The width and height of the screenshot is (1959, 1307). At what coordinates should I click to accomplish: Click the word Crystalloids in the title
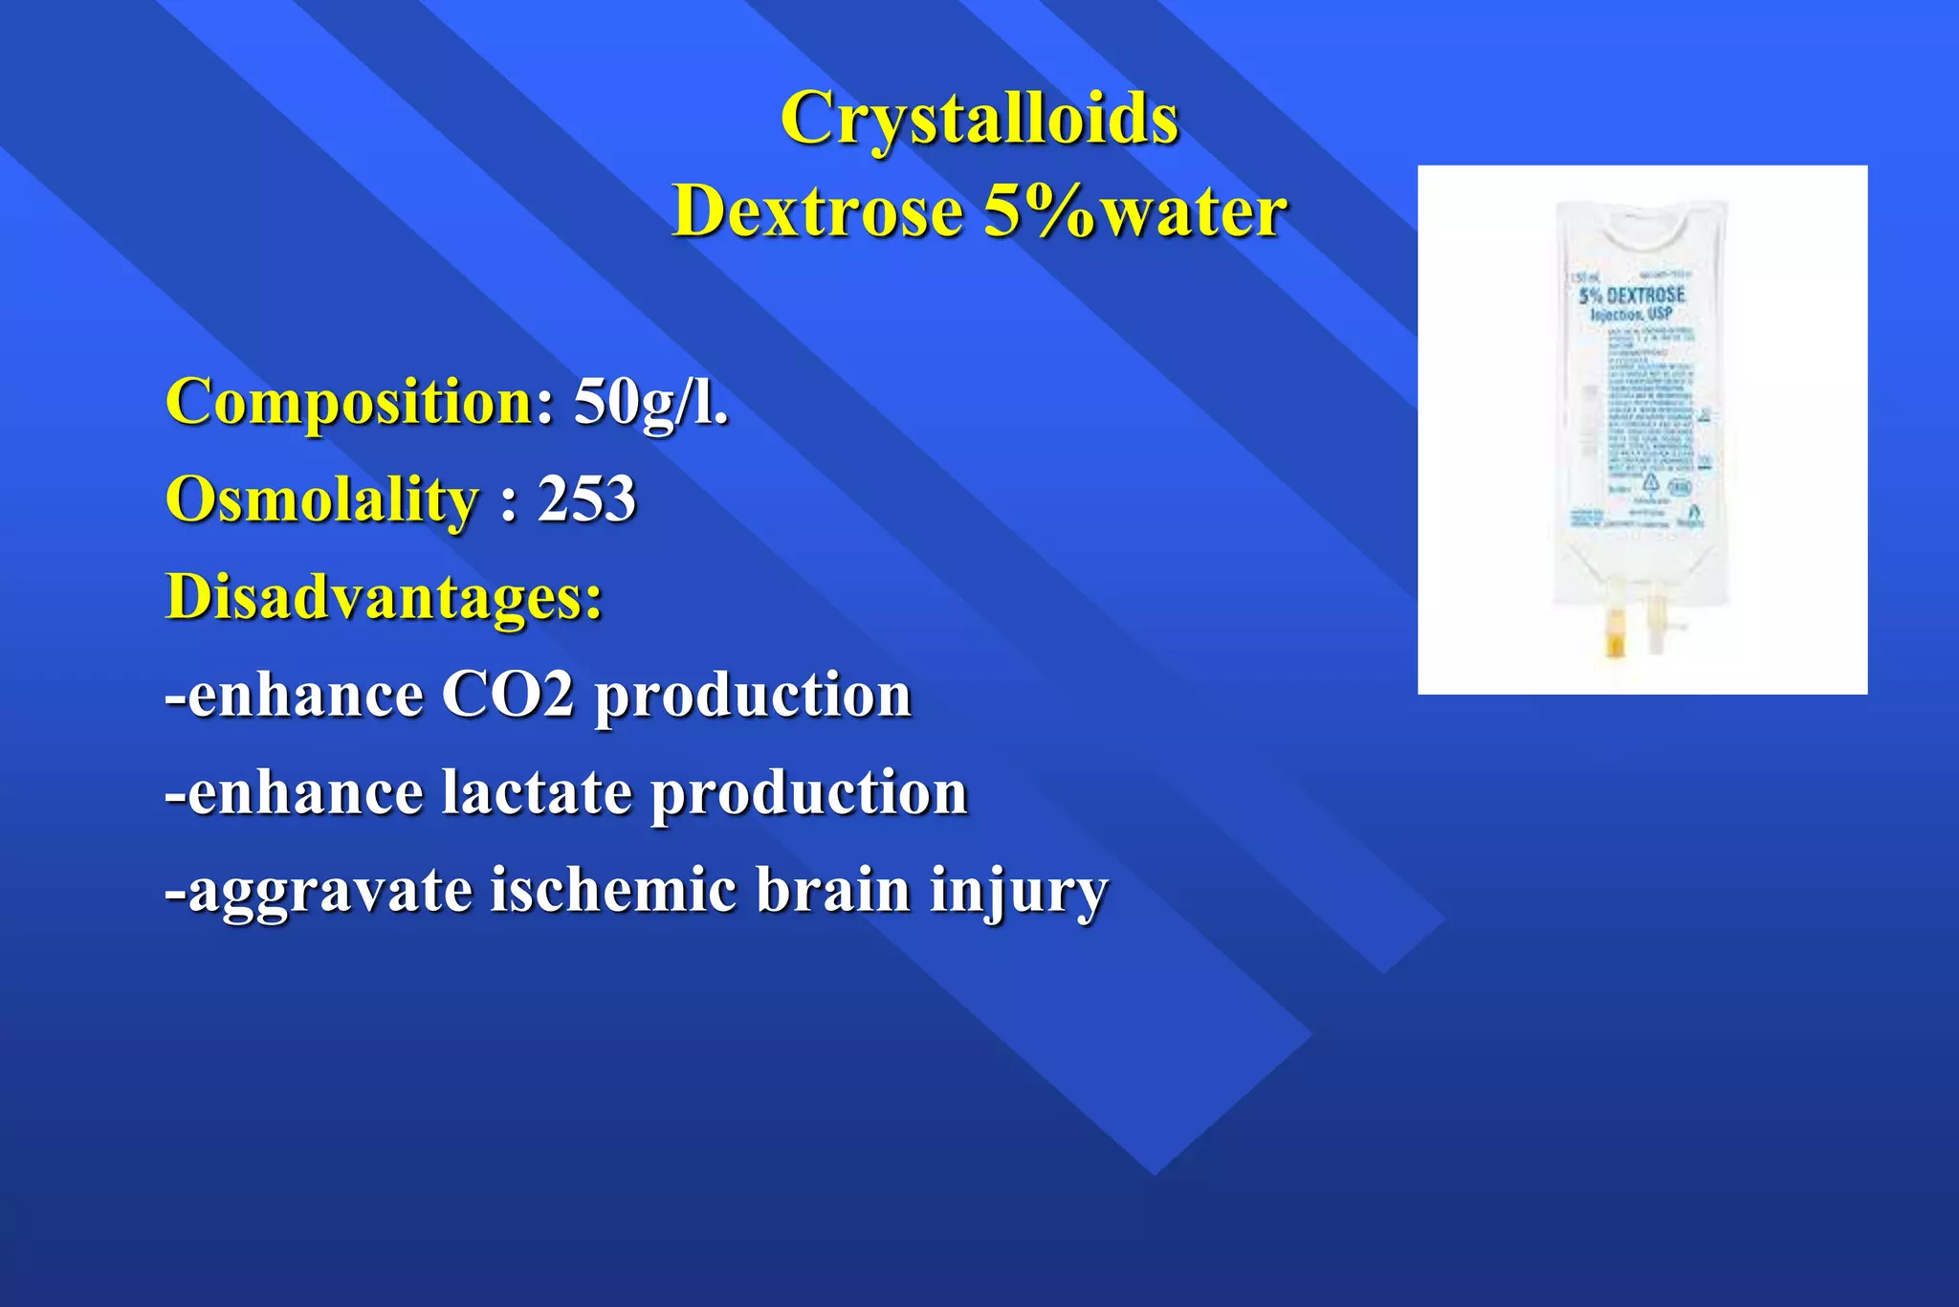pos(979,119)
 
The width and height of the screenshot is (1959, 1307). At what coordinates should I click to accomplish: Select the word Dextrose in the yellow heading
pos(818,210)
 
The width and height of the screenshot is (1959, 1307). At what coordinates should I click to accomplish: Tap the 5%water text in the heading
pos(1135,210)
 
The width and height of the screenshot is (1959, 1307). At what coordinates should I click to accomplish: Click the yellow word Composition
pos(350,402)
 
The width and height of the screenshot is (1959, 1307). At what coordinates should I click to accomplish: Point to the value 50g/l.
pos(650,402)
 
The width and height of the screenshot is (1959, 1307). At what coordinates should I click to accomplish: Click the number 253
pos(586,499)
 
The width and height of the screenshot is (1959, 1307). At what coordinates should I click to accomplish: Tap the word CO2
pos(507,695)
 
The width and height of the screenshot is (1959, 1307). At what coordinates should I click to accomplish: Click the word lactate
pos(537,793)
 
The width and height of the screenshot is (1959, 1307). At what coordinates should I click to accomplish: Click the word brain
pos(832,890)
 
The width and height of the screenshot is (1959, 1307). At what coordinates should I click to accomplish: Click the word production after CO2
pos(753,697)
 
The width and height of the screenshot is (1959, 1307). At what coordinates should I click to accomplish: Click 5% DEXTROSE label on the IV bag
pos(1632,295)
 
